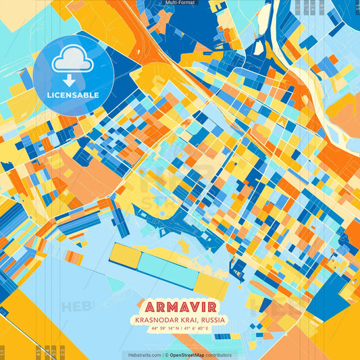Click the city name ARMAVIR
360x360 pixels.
coord(180,305)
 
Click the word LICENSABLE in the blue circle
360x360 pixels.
coord(73,95)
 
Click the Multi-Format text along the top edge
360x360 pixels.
coord(179,3)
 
